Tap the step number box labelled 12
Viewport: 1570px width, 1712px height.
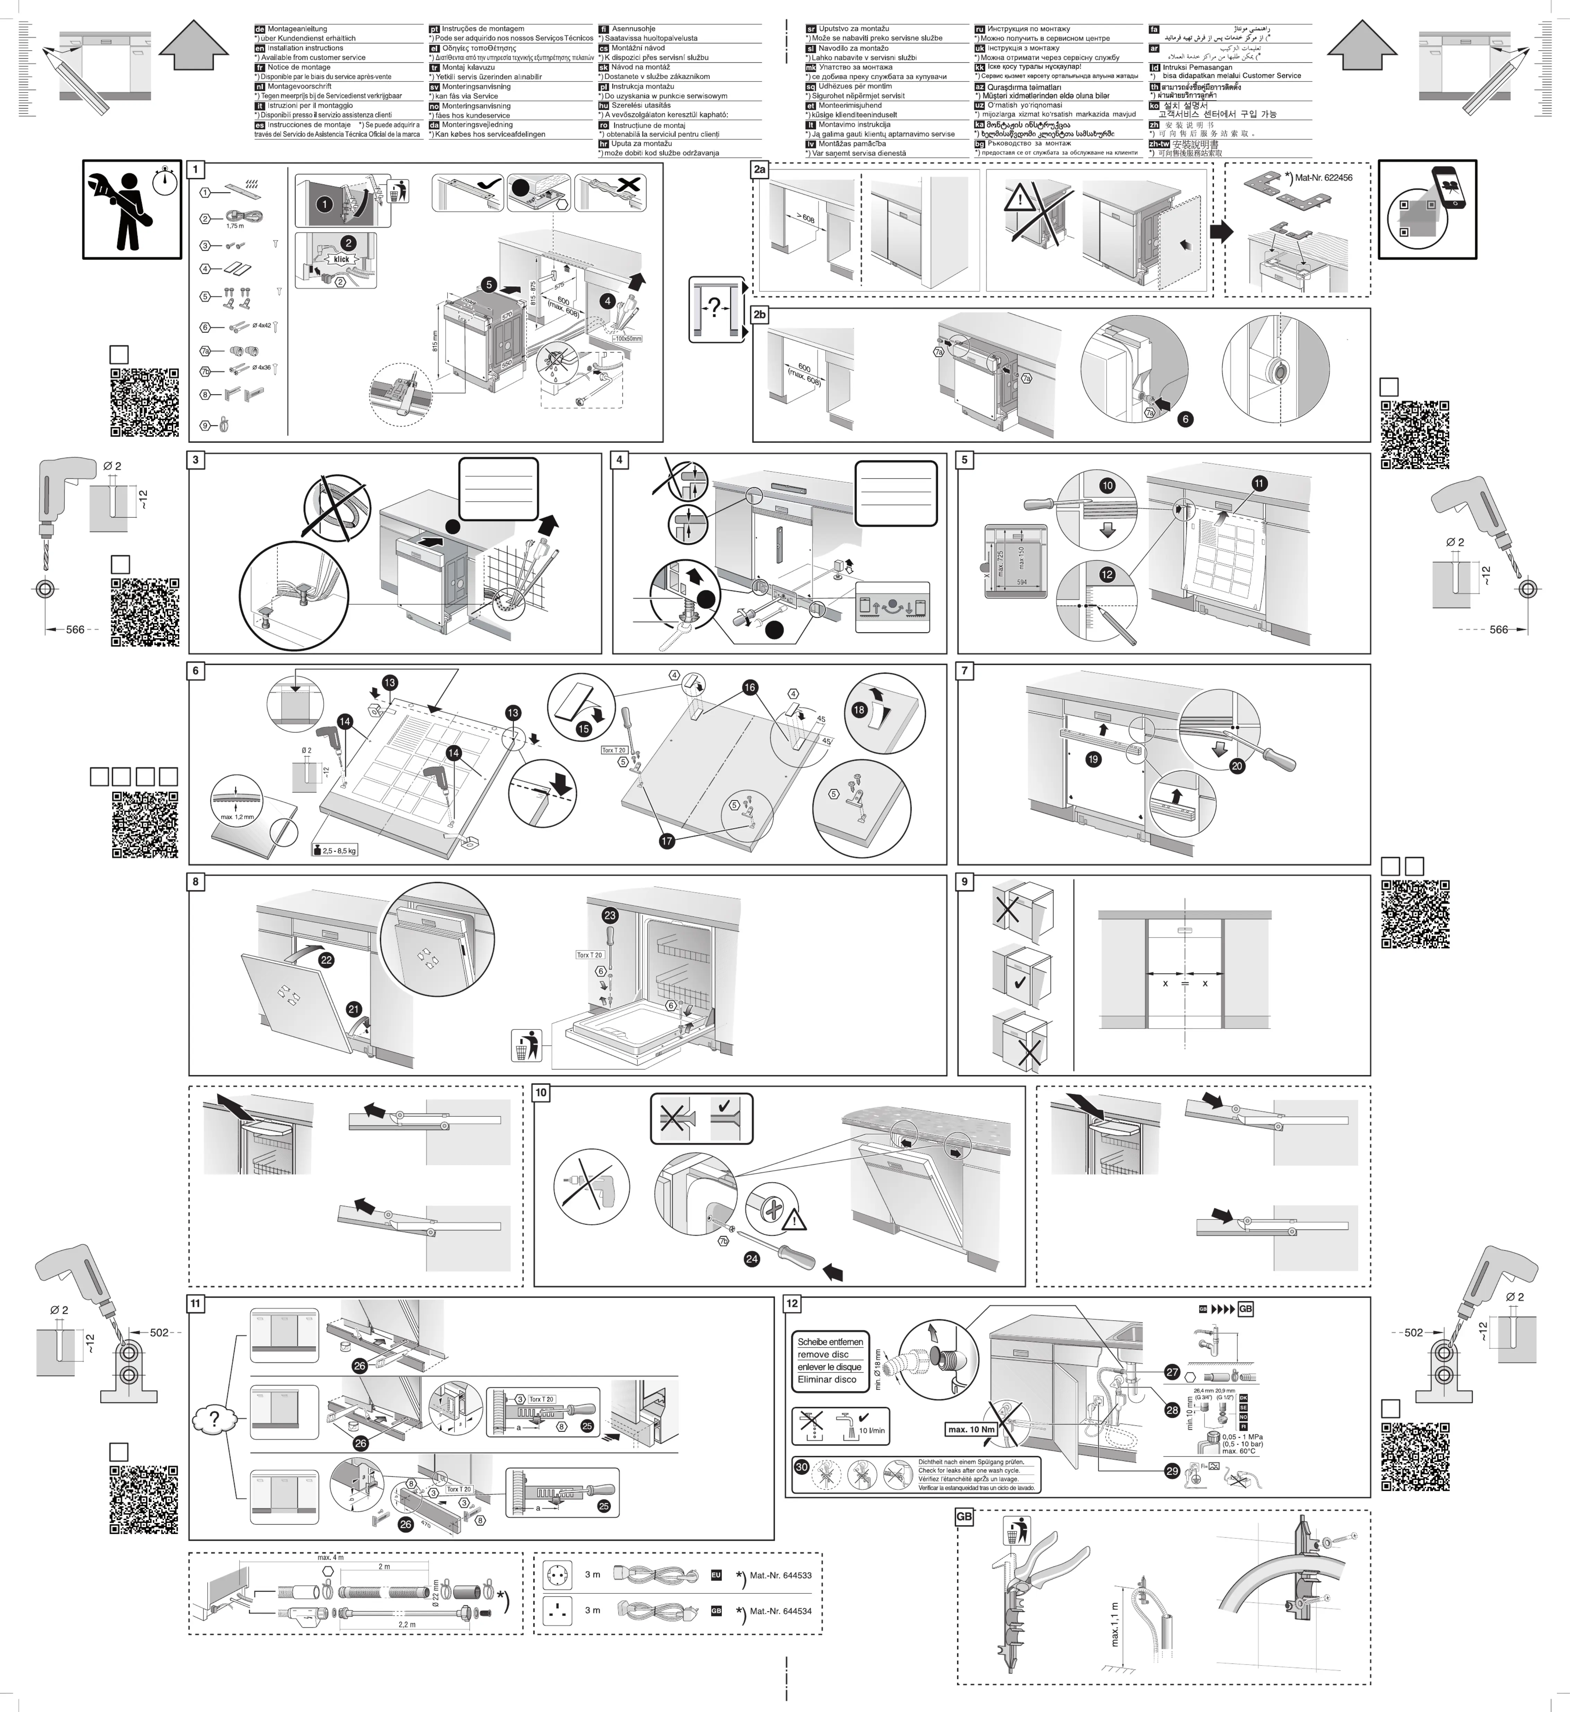pos(793,1303)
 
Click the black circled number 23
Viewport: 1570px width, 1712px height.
pos(610,915)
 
